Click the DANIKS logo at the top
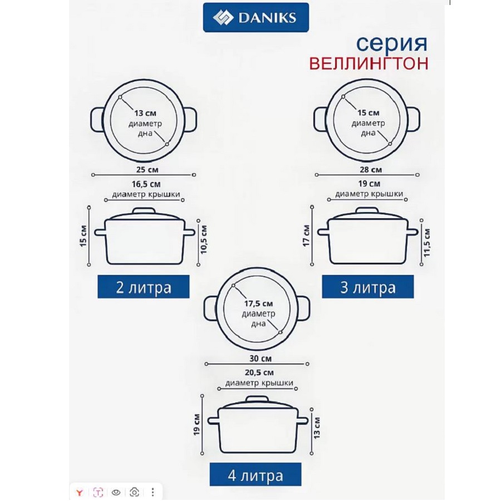coord(256,18)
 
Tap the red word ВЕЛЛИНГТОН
coord(369,63)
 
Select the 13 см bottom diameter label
coord(145,113)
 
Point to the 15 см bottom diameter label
coord(369,113)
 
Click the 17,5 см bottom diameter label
coord(258,303)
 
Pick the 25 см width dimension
coord(148,170)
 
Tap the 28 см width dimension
coord(371,170)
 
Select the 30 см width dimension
coord(261,358)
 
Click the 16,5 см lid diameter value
coord(146,184)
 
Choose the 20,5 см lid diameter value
coord(259,372)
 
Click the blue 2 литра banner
coord(144,287)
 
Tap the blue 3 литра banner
coord(368,287)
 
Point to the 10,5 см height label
coord(204,239)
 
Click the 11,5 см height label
coord(427,243)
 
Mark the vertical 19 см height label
coord(197,425)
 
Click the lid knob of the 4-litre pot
coord(257,399)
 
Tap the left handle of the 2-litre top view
coord(97,120)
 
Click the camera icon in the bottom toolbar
coord(134,492)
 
